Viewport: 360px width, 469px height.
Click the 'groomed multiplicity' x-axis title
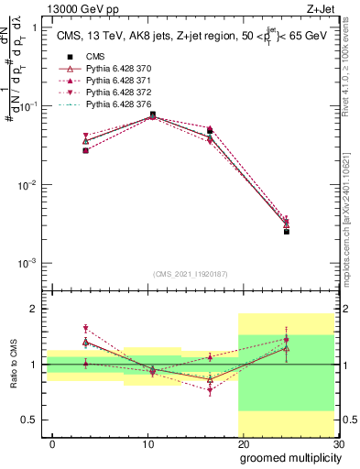pyautogui.click(x=289, y=456)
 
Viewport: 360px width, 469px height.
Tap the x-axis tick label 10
pyautogui.click(x=147, y=444)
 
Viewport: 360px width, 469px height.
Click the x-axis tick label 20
pyautogui.click(x=242, y=444)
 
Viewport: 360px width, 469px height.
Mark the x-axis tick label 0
pyautogui.click(x=53, y=444)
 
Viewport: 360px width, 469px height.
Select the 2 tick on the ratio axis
pyautogui.click(x=34, y=309)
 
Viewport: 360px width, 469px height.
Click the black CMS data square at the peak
pyautogui.click(x=152, y=115)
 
